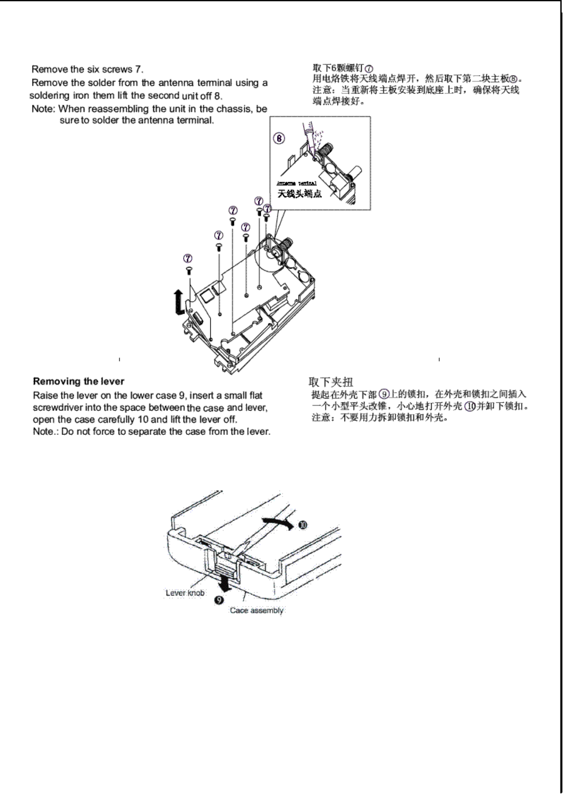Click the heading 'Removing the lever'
(x=79, y=381)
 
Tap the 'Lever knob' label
(x=185, y=593)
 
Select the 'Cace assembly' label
(x=256, y=610)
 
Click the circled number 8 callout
(x=279, y=138)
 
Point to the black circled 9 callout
(x=218, y=600)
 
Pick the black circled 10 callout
(x=303, y=525)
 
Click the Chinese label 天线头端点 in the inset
(x=299, y=193)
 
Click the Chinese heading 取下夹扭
(x=331, y=382)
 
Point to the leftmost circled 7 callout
(x=188, y=258)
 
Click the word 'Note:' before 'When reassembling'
(x=43, y=109)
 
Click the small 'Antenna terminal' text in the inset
(x=296, y=183)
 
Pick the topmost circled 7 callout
(x=259, y=201)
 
